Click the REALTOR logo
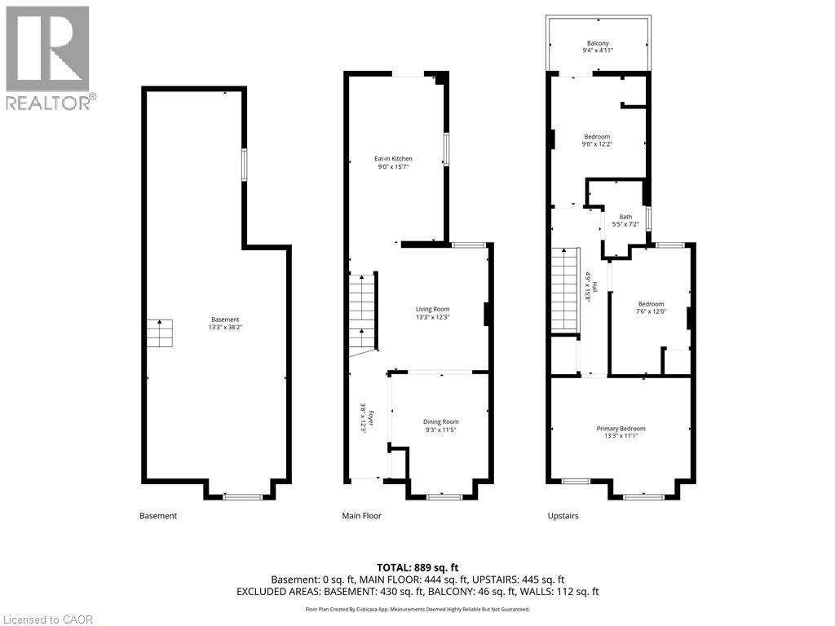47,57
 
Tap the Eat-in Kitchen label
393,158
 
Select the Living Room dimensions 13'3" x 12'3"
432,317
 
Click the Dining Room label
440,421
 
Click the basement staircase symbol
160,333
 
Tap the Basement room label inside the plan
225,320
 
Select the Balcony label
598,43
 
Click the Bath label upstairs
625,216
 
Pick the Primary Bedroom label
621,429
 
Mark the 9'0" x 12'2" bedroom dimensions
597,144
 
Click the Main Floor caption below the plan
361,516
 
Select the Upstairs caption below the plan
563,516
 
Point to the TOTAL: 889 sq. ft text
417,567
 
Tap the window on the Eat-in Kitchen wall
446,149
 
